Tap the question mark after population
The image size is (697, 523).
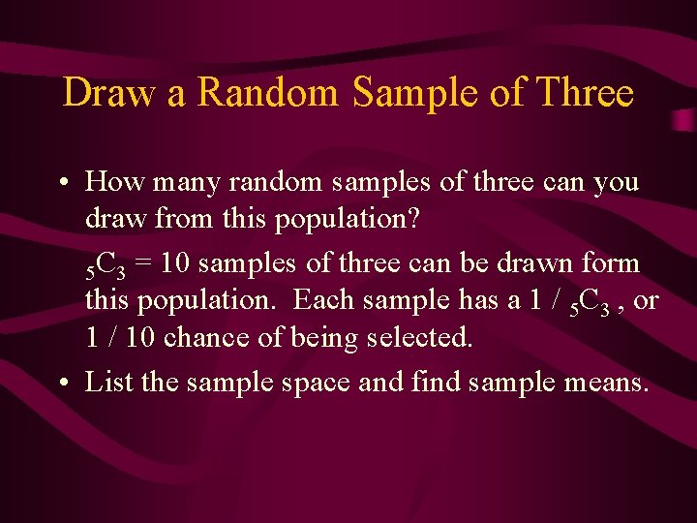click(413, 219)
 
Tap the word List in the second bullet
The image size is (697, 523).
click(108, 383)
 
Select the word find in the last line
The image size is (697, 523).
click(437, 383)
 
